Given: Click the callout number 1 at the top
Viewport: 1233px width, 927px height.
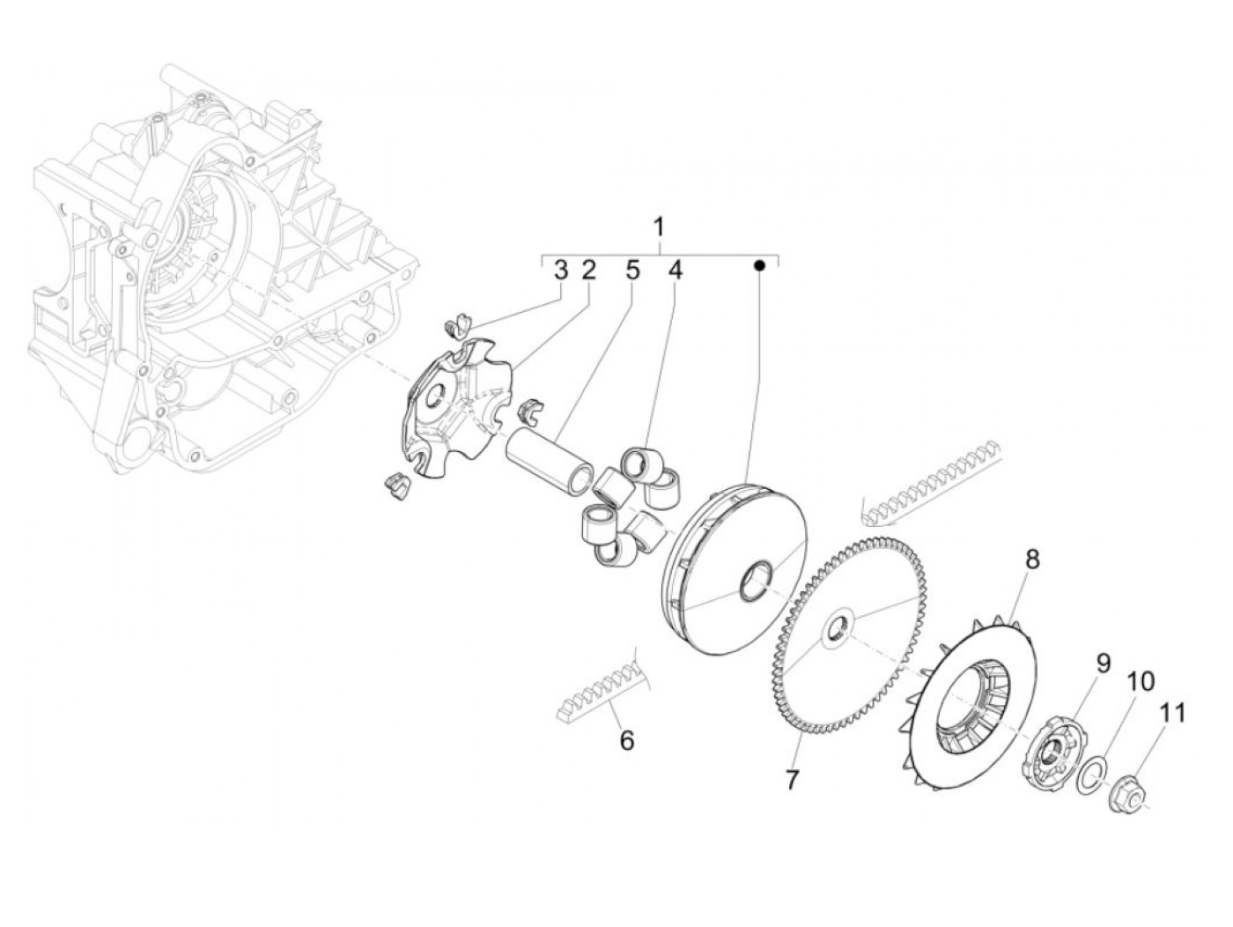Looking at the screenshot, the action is [659, 228].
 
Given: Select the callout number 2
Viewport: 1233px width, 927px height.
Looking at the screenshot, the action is [588, 271].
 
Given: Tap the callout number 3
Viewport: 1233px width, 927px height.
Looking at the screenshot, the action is [561, 271].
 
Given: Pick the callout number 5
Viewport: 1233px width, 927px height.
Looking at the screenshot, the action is [632, 271].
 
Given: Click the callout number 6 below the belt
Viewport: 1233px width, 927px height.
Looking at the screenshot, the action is [626, 741].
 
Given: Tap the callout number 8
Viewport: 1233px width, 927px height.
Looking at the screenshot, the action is [1032, 559].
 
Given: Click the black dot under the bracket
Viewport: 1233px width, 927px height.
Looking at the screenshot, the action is [759, 264].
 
